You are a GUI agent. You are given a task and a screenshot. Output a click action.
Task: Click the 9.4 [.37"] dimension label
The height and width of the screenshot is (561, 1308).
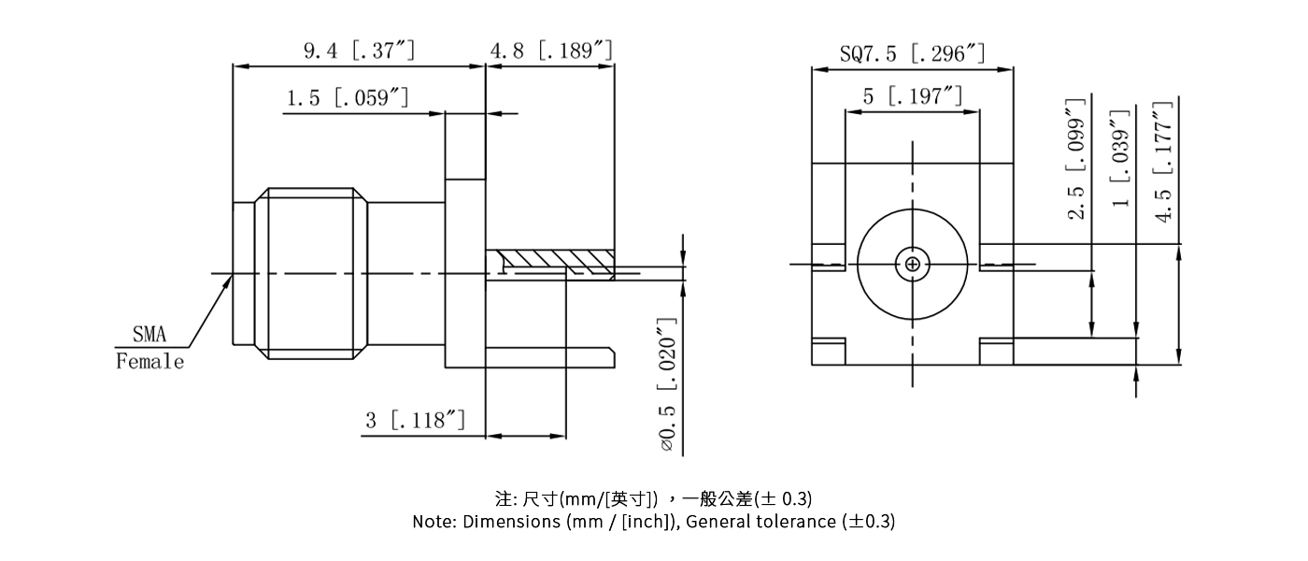pyautogui.click(x=359, y=50)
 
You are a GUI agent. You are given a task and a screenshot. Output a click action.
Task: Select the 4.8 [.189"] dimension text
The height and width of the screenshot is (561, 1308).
pyautogui.click(x=551, y=50)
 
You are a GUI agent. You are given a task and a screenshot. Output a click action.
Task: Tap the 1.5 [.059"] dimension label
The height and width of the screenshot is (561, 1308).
pyautogui.click(x=347, y=98)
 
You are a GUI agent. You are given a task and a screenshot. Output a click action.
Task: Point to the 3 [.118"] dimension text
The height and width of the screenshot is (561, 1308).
pyautogui.click(x=415, y=421)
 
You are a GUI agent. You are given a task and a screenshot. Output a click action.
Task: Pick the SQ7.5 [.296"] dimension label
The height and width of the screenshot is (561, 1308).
pyautogui.click(x=912, y=53)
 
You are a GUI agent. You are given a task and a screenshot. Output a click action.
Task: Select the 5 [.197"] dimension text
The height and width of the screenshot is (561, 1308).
pyautogui.click(x=912, y=95)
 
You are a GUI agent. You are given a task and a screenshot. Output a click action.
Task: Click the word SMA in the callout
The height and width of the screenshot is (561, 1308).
pyautogui.click(x=149, y=334)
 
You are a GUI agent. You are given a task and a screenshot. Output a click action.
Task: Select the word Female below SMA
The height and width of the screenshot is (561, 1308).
pyautogui.click(x=150, y=362)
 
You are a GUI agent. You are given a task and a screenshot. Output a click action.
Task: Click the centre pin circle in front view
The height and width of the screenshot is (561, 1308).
pyautogui.click(x=912, y=265)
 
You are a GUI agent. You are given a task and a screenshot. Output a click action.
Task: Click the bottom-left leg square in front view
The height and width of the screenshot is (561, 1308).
pyautogui.click(x=828, y=351)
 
